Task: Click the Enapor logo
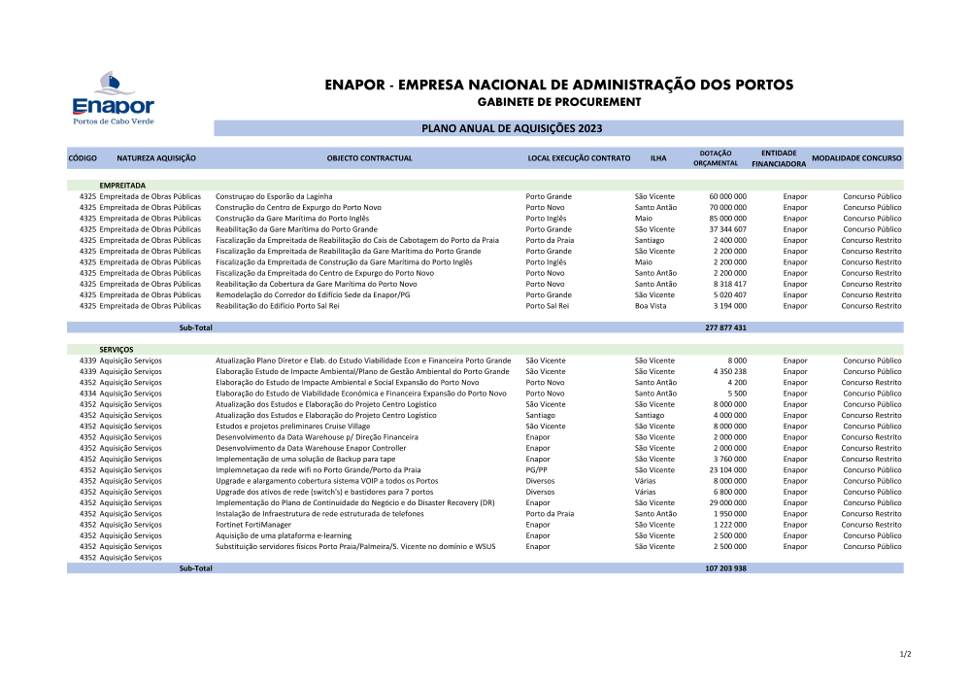(x=114, y=97)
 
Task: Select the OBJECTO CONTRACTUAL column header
(x=369, y=157)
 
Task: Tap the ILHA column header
(x=658, y=157)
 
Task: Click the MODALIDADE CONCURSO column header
(x=856, y=157)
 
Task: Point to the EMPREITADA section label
(x=122, y=185)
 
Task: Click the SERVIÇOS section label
(x=117, y=349)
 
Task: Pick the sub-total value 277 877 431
(x=725, y=327)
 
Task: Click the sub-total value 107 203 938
(x=725, y=568)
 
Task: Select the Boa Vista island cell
(x=651, y=306)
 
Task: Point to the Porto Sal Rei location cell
(x=547, y=306)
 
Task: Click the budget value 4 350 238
(x=729, y=371)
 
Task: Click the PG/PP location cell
(x=536, y=470)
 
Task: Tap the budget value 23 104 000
(x=727, y=470)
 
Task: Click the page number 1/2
(x=905, y=654)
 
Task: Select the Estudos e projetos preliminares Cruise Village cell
(x=293, y=427)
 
